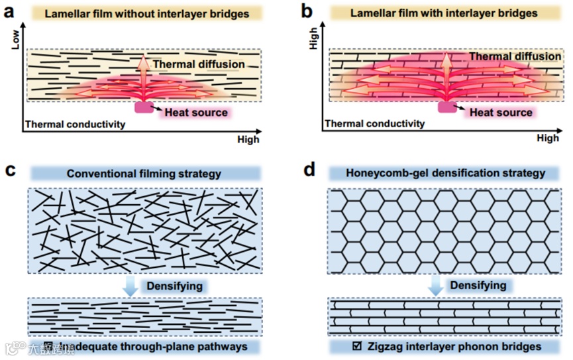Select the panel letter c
(x=9, y=171)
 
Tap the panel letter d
(x=309, y=171)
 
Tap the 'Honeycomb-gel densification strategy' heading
(x=446, y=174)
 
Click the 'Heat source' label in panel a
(x=196, y=113)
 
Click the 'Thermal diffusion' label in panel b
(x=515, y=57)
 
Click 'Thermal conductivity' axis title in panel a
(x=74, y=124)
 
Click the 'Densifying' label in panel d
(x=478, y=285)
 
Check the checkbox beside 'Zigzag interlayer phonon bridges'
(x=358, y=346)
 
